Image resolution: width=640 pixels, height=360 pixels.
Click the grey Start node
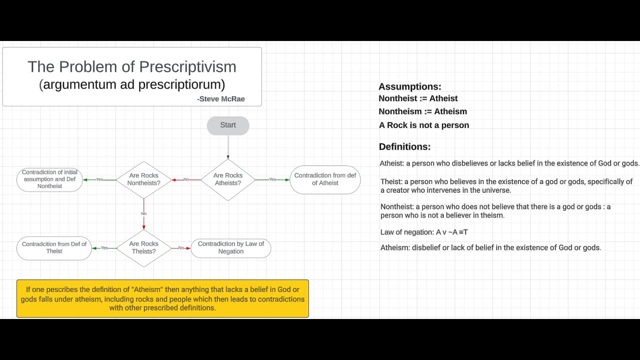click(228, 125)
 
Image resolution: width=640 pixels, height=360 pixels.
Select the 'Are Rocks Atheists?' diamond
click(228, 179)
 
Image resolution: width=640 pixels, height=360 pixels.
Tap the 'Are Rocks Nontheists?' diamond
click(143, 179)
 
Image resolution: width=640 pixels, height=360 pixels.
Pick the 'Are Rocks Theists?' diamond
click(143, 248)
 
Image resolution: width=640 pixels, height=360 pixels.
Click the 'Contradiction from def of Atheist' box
click(325, 179)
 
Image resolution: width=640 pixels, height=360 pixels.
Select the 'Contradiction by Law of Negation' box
click(231, 248)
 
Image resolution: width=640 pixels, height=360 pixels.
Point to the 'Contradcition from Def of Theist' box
click(54, 248)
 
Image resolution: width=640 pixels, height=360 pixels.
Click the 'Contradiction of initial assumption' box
click(49, 179)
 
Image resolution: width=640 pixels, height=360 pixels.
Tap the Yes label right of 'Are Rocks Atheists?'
click(272, 179)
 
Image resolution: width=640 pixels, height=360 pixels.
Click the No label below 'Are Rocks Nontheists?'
click(143, 214)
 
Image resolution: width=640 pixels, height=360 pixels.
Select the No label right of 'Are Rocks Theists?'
click(180, 248)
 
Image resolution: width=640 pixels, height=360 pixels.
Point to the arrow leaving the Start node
click(228, 147)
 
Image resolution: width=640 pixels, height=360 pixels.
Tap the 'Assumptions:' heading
click(410, 87)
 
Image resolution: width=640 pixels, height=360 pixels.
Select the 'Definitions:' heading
click(404, 147)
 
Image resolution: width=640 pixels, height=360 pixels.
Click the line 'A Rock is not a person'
click(424, 125)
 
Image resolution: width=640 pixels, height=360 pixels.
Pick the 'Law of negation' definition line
click(424, 232)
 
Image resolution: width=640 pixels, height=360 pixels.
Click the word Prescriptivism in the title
click(187, 67)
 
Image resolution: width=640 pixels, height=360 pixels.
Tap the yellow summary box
click(162, 298)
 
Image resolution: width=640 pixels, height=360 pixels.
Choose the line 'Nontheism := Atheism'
click(423, 111)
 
